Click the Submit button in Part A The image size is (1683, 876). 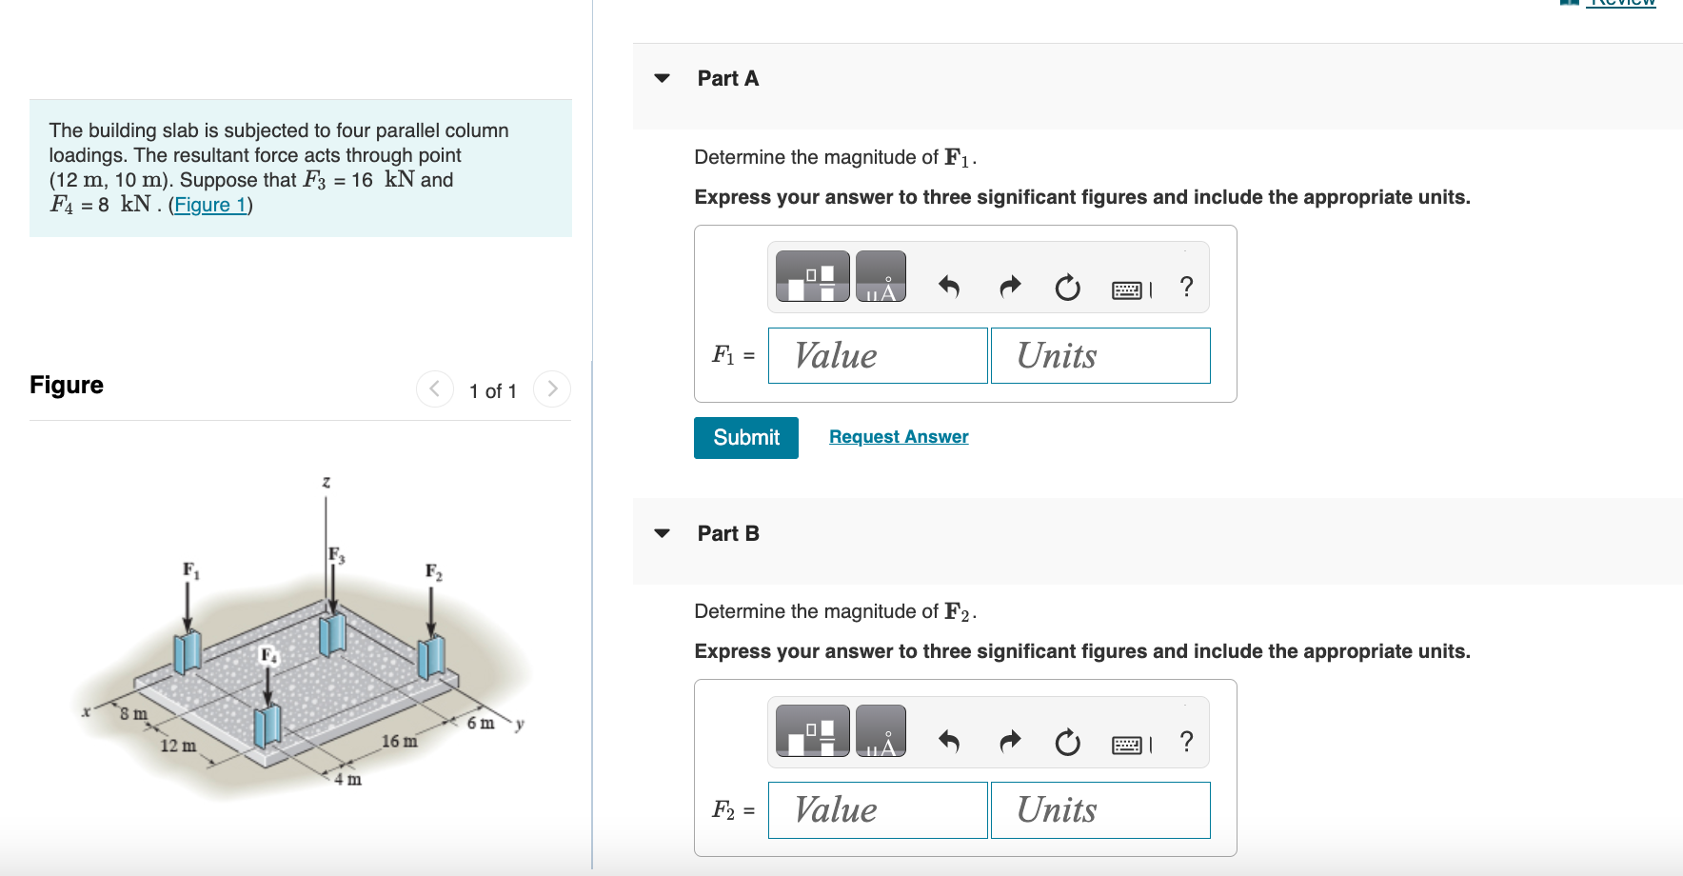pyautogui.click(x=745, y=437)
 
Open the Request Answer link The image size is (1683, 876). pyautogui.click(x=898, y=436)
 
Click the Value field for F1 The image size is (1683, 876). pyautogui.click(x=877, y=355)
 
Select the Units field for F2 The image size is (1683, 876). pyautogui.click(x=1099, y=809)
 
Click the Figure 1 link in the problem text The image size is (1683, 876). pyautogui.click(x=210, y=205)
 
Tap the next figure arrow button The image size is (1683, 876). pyautogui.click(x=552, y=388)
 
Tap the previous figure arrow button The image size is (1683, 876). pyautogui.click(x=435, y=388)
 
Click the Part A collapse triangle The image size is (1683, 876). pyautogui.click(x=663, y=78)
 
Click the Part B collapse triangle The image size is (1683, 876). pyautogui.click(x=663, y=533)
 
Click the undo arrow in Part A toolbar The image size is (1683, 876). pyautogui.click(x=949, y=286)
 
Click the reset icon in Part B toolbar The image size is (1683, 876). pyautogui.click(x=1067, y=741)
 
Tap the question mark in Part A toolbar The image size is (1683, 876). pyautogui.click(x=1186, y=286)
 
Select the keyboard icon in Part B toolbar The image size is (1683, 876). pyautogui.click(x=1127, y=744)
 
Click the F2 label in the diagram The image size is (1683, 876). pyautogui.click(x=433, y=571)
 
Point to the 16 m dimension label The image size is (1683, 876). pyautogui.click(x=399, y=741)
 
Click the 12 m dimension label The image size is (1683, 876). pyautogui.click(x=178, y=746)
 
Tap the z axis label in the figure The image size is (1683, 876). pyautogui.click(x=326, y=482)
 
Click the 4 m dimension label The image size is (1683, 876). pyautogui.click(x=347, y=779)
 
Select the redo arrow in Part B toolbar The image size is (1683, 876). pyautogui.click(x=1009, y=741)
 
